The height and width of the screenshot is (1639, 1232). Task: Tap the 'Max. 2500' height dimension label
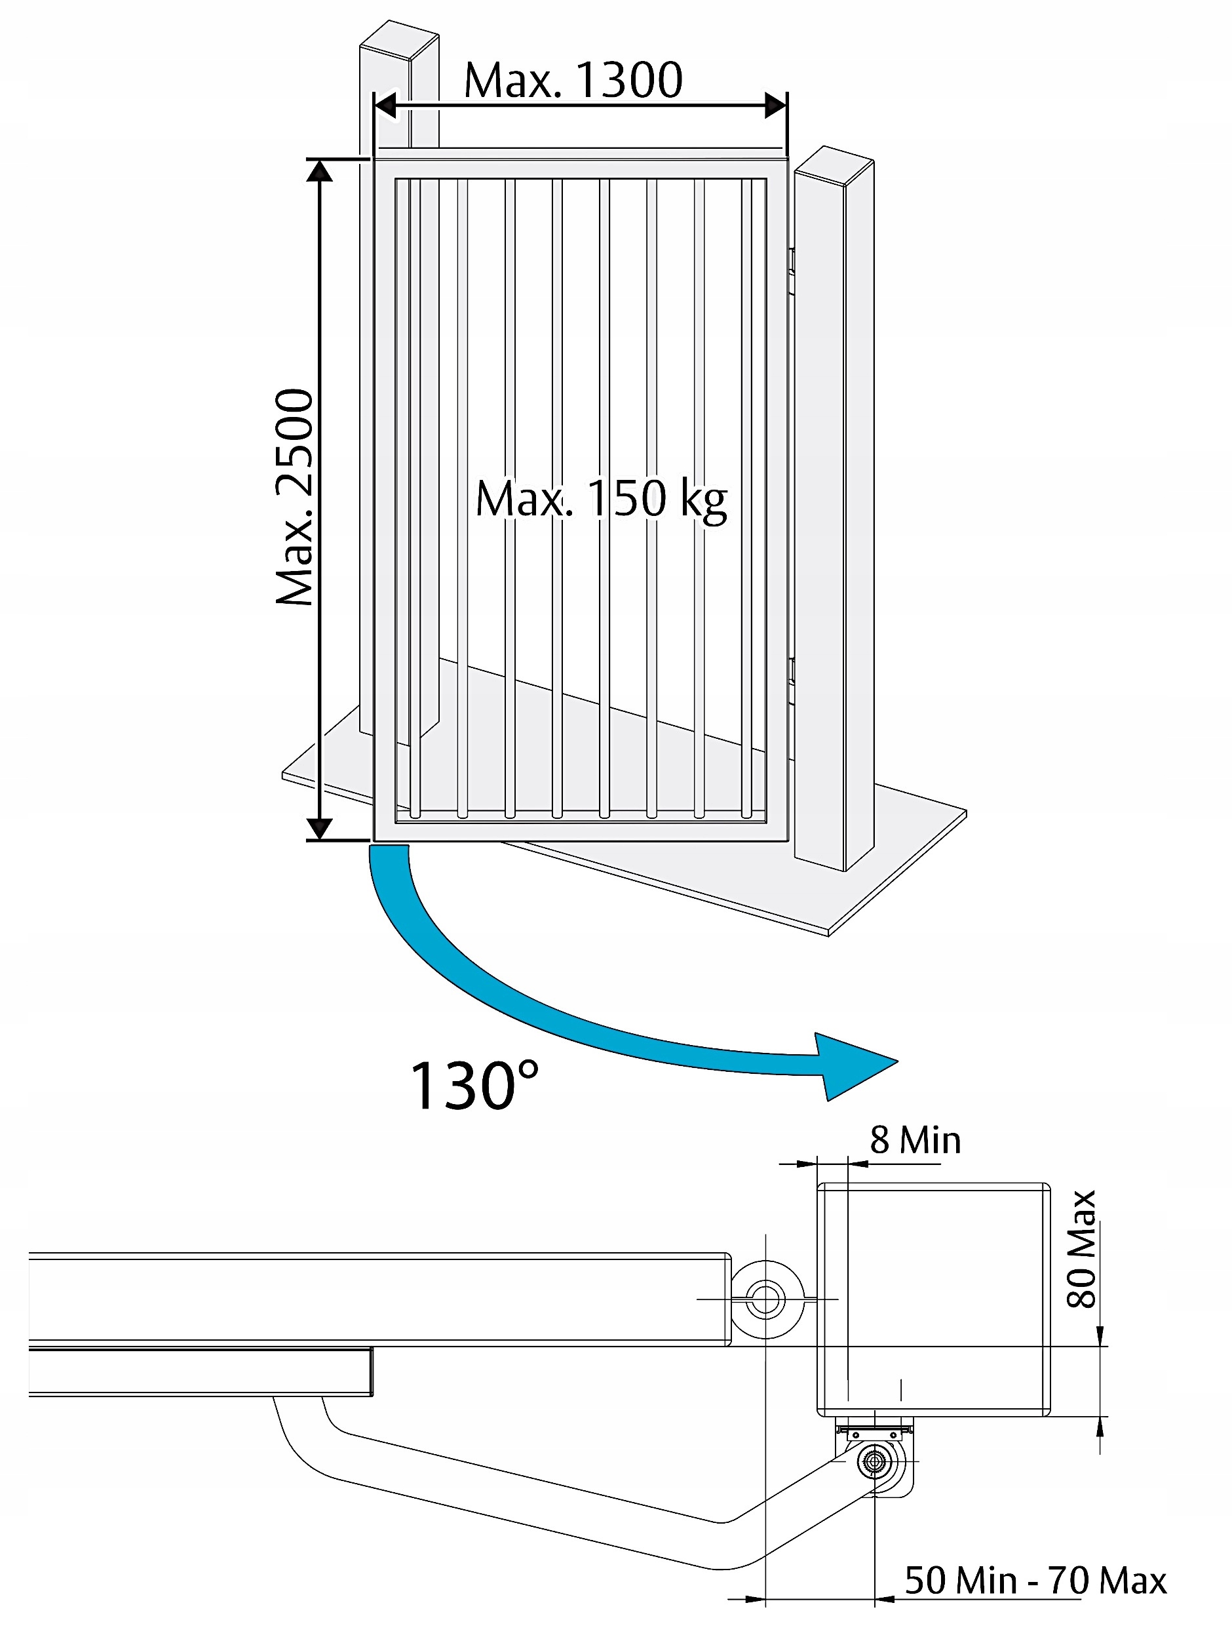(x=295, y=496)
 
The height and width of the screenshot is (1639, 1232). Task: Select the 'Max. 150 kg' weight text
(x=601, y=499)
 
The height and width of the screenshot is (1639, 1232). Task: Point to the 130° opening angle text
(x=474, y=1086)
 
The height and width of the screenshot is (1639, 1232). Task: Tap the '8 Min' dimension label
(x=915, y=1140)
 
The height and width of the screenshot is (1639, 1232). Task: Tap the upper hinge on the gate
(x=791, y=271)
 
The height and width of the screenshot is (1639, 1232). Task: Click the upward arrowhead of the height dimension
(x=319, y=170)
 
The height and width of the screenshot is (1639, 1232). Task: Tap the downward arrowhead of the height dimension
(x=319, y=829)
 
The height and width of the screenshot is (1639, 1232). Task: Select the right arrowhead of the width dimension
(x=776, y=105)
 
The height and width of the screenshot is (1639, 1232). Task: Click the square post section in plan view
(x=933, y=1299)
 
